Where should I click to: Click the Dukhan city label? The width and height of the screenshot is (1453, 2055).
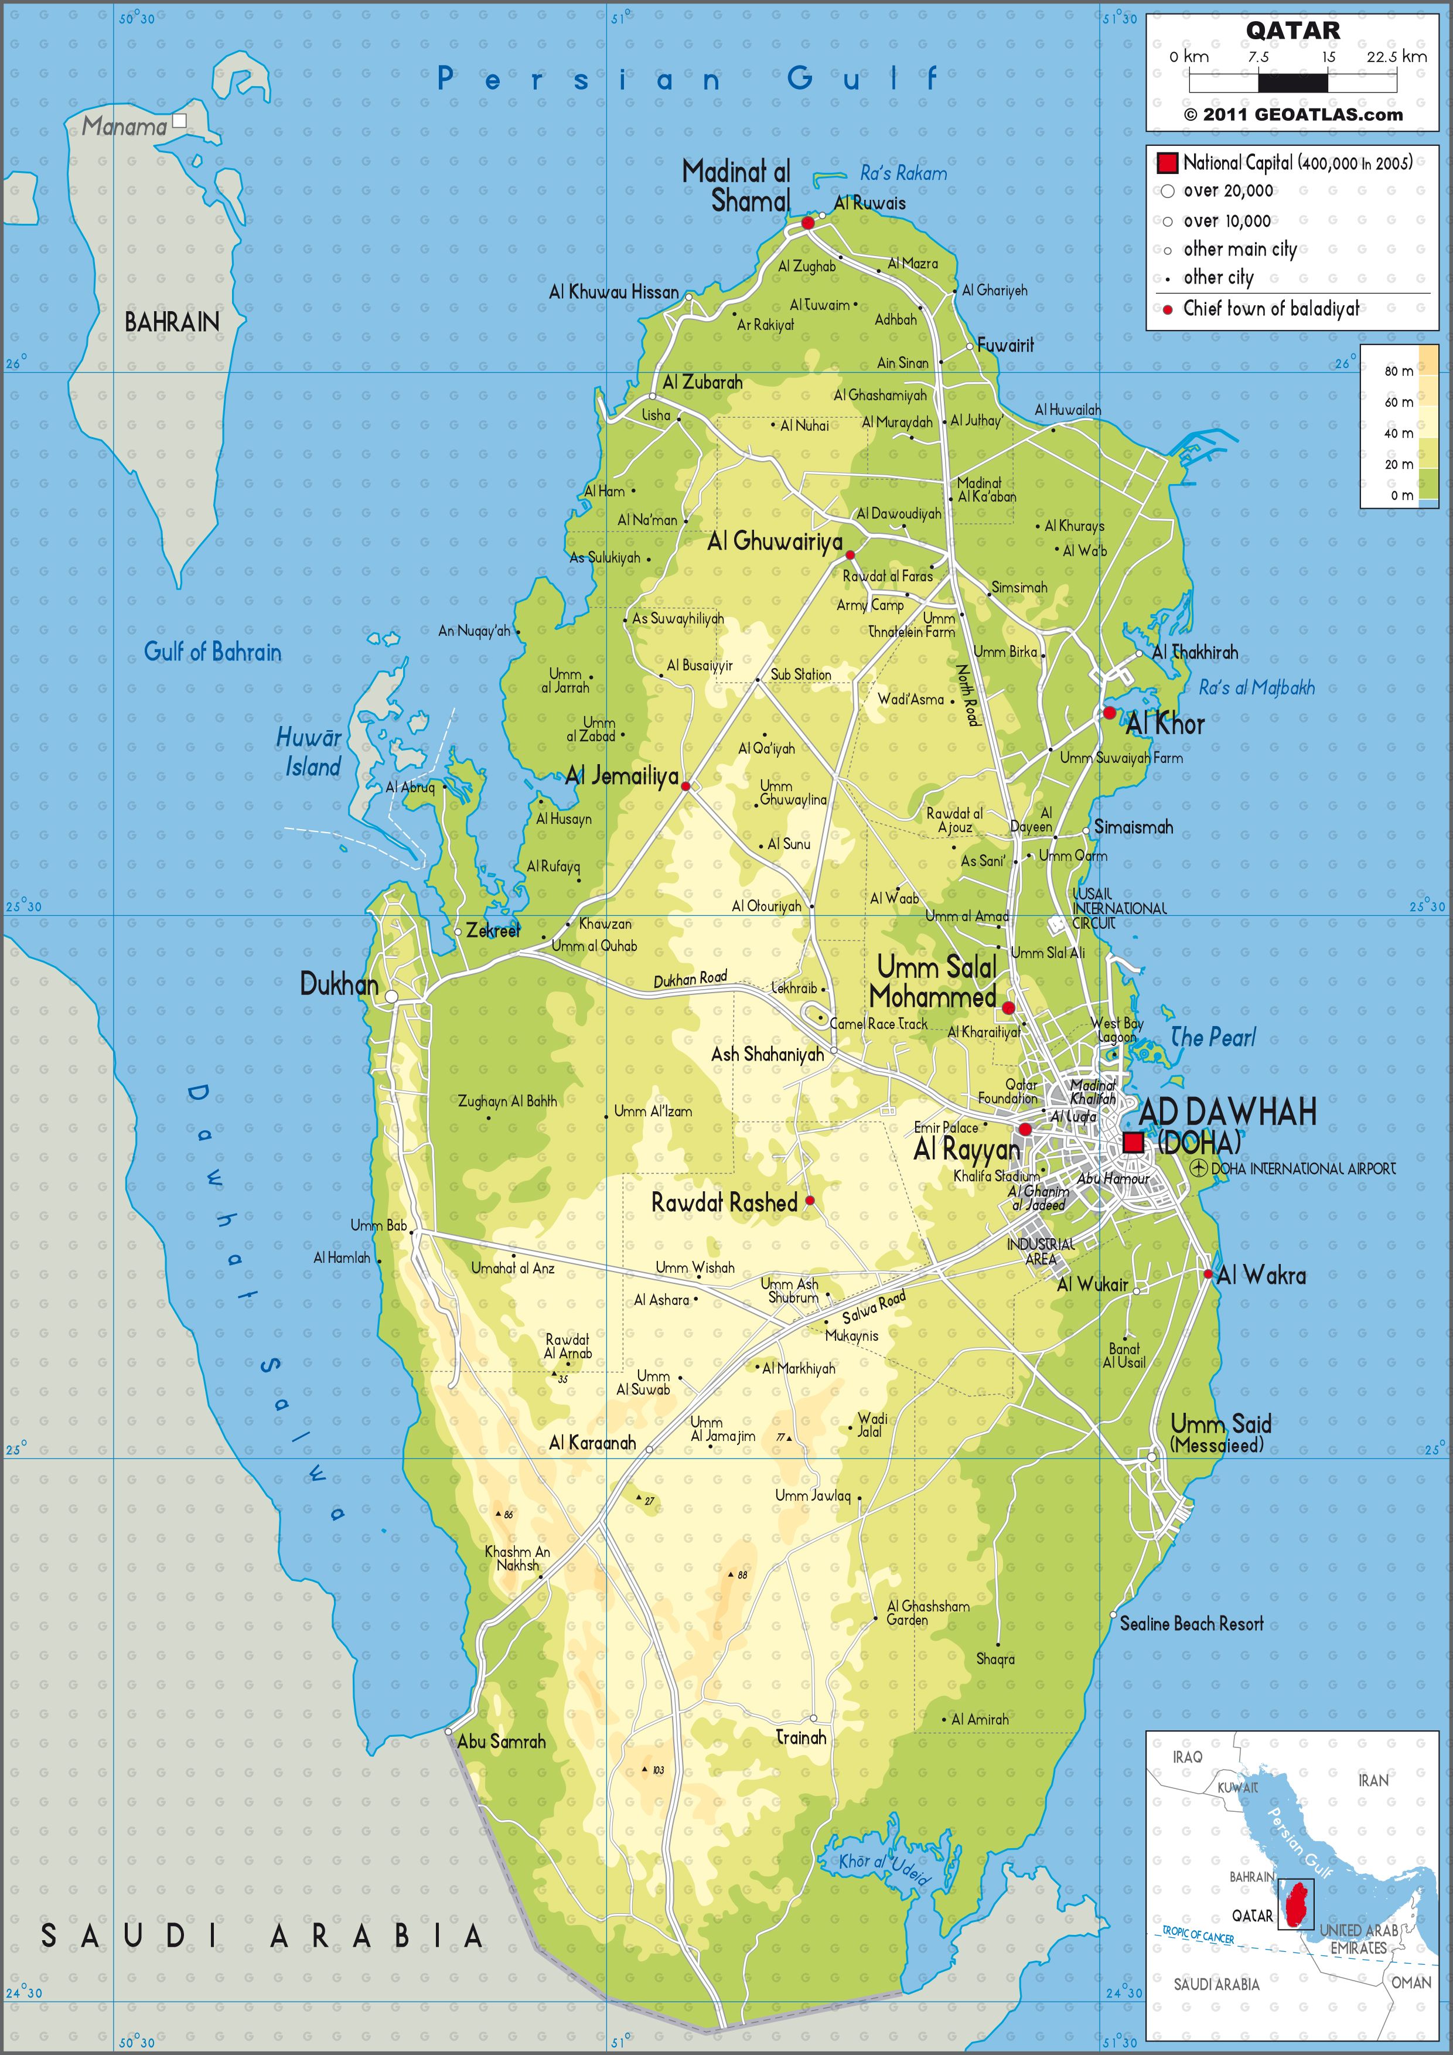(339, 984)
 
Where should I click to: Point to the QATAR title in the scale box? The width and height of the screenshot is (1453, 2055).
(1293, 30)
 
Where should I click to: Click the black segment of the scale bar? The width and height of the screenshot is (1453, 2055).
(1293, 83)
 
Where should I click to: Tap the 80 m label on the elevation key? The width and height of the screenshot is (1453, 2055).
(1399, 370)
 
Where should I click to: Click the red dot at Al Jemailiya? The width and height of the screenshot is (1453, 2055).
(685, 786)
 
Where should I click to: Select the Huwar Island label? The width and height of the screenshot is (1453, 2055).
(309, 752)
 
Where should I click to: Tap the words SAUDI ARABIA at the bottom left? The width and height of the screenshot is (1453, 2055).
(262, 1936)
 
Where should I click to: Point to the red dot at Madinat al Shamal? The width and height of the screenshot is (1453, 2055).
(807, 222)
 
